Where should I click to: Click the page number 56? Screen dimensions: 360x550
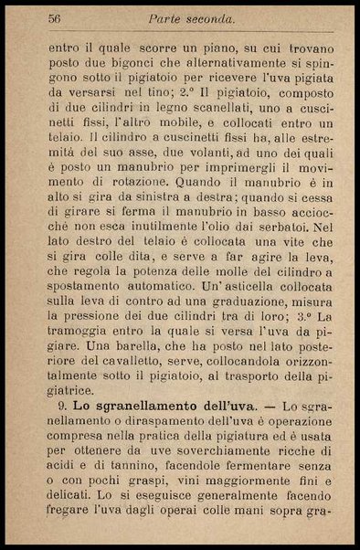coord(55,18)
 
